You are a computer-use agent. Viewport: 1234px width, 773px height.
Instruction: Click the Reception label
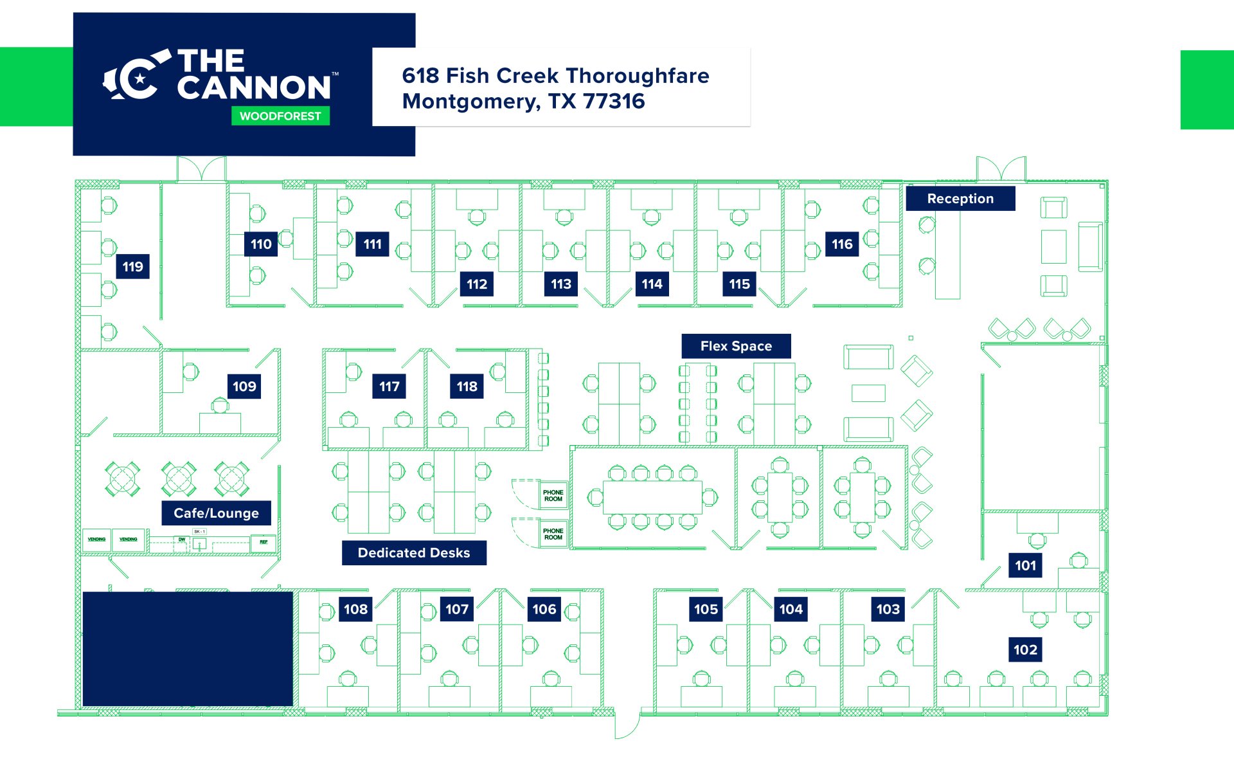click(960, 199)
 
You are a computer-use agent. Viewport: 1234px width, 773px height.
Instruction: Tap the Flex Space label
click(736, 346)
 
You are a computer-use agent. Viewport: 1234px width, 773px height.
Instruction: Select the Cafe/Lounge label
click(216, 513)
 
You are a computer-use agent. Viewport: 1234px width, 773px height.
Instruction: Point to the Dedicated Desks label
click(414, 553)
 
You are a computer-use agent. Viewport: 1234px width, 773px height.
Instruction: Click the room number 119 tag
click(132, 267)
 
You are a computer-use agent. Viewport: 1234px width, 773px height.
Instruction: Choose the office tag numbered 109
click(244, 386)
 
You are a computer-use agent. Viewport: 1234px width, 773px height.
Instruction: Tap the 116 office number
click(842, 244)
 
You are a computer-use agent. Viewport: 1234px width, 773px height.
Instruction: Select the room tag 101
click(1025, 566)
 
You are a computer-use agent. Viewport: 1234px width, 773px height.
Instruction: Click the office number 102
click(1025, 650)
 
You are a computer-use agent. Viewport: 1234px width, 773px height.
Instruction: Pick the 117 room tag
click(389, 386)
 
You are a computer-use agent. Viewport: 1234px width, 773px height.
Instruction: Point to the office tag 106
click(544, 610)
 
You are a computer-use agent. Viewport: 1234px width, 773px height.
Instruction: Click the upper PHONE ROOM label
click(553, 496)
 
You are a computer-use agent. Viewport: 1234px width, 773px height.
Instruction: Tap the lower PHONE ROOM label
click(553, 534)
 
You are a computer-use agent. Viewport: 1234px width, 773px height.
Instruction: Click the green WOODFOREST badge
click(280, 116)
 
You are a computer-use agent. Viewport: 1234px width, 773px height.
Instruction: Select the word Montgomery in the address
click(470, 102)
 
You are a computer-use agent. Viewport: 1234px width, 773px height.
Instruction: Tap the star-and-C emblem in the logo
click(137, 78)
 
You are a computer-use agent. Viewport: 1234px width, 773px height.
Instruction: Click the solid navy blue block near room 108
click(188, 648)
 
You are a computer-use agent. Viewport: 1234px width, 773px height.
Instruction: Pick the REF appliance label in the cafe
click(264, 542)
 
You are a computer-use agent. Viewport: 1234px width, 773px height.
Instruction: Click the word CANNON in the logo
click(254, 88)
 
